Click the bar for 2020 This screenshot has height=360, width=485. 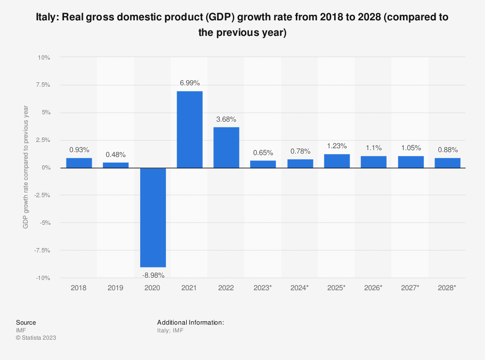[153, 217]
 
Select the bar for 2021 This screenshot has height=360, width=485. [190, 129]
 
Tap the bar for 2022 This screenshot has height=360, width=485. [226, 147]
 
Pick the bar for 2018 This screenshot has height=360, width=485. [79, 163]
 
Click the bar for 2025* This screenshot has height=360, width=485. [337, 161]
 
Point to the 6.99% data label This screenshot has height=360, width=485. [190, 83]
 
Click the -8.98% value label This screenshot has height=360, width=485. [153, 275]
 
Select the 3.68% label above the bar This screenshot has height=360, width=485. [226, 119]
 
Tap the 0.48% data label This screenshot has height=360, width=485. [116, 155]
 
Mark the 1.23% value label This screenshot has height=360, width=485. [337, 146]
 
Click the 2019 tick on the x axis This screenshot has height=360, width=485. [116, 287]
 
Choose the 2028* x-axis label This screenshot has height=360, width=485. [448, 287]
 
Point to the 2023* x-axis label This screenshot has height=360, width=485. [263, 287]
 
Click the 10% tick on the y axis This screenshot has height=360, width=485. [44, 57]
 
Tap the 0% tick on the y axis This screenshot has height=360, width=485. [46, 168]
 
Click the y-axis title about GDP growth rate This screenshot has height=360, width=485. [26, 168]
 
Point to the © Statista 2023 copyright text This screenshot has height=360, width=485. [36, 338]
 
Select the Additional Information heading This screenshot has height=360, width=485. [190, 322]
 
